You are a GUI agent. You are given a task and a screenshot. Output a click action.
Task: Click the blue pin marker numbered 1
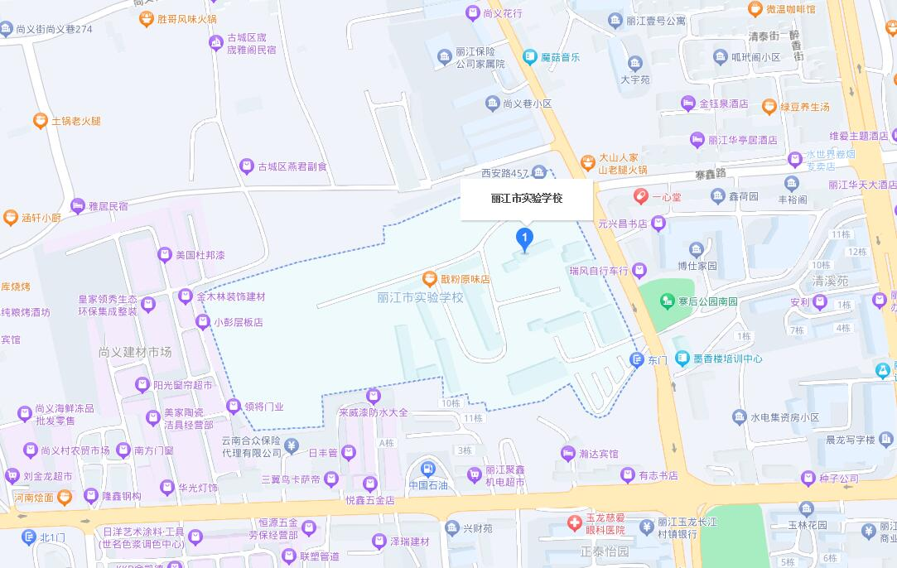[x=524, y=238]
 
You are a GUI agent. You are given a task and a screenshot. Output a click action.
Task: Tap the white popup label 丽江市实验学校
[x=527, y=200]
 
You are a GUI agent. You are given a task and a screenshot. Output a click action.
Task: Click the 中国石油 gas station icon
[x=427, y=469]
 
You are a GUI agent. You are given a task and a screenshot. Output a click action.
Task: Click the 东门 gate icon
[x=636, y=359]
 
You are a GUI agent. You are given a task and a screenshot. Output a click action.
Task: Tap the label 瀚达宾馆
[x=598, y=454]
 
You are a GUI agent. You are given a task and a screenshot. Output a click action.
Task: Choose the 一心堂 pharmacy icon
[x=639, y=196]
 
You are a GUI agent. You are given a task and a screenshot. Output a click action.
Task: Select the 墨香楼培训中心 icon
[x=682, y=359]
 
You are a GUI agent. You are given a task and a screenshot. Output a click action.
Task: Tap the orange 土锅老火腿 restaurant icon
[x=40, y=121]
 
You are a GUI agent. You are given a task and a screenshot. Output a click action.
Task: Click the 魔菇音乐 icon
[x=530, y=57]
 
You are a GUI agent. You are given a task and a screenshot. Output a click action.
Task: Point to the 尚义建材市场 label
[x=134, y=352]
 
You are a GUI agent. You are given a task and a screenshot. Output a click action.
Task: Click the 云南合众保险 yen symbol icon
[x=292, y=446]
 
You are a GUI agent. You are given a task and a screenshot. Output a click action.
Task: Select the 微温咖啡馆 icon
[x=755, y=9]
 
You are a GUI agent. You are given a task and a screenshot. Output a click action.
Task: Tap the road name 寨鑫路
[x=710, y=174]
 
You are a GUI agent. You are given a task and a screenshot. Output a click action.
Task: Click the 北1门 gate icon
[x=28, y=538]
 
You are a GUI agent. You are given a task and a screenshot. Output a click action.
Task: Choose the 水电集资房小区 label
[x=784, y=417]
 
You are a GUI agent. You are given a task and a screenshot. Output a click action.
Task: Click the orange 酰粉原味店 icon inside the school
[x=429, y=279]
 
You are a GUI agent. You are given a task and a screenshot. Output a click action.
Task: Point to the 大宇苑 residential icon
[x=635, y=64]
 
